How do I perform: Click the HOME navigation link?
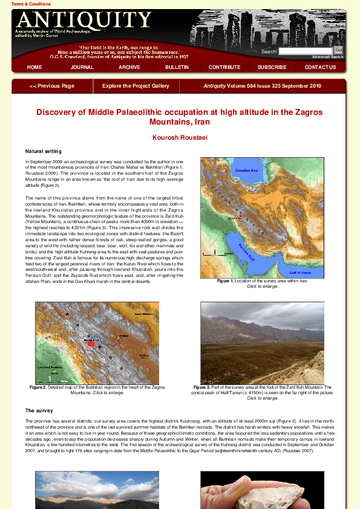(34, 67)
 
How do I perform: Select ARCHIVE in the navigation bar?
(129, 67)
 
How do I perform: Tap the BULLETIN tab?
(177, 67)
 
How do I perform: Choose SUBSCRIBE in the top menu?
(272, 67)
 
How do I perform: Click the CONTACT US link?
(320, 67)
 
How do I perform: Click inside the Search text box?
(306, 51)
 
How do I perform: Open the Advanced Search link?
(328, 57)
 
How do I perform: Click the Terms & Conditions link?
(27, 4)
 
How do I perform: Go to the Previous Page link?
(52, 86)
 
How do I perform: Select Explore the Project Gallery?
(136, 86)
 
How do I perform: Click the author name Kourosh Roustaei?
(180, 138)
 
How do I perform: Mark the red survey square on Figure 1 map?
(240, 215)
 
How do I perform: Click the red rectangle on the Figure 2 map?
(91, 343)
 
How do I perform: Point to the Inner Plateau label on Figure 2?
(142, 314)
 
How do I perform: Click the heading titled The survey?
(39, 410)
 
